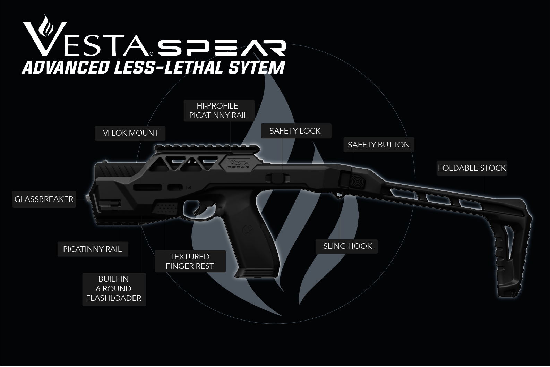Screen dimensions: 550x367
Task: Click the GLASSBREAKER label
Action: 44,199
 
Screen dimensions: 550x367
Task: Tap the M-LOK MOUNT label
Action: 130,133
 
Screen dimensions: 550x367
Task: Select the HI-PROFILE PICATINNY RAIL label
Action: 218,111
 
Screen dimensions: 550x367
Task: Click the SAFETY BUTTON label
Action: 379,145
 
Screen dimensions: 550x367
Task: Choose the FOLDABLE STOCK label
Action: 472,168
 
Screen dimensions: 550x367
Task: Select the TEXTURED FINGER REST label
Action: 190,261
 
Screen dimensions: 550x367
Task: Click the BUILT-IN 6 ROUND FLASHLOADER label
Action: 114,289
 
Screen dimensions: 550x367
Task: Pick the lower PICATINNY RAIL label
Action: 93,249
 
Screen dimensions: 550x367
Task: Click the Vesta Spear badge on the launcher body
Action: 238,163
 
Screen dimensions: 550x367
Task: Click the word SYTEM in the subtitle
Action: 256,67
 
